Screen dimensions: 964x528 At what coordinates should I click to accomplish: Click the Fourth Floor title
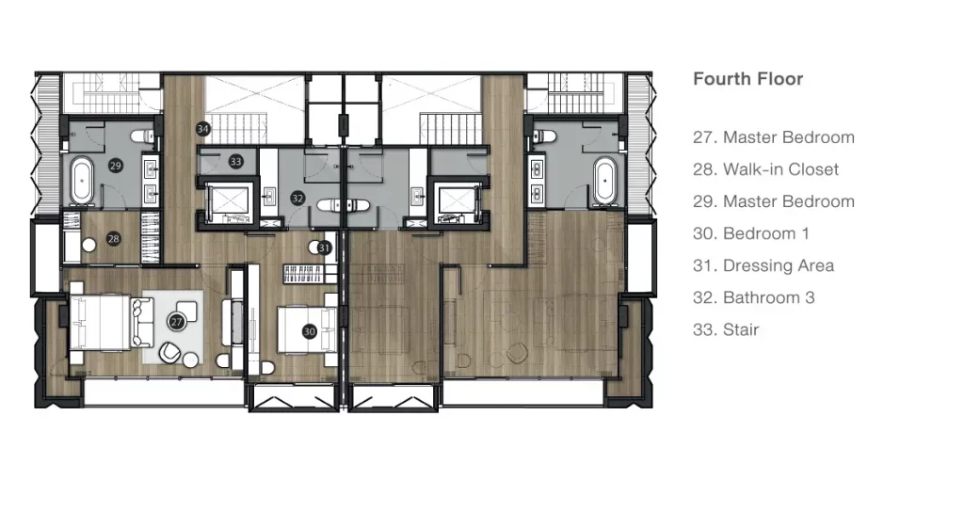coord(747,79)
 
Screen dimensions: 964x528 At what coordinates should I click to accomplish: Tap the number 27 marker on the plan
coord(176,322)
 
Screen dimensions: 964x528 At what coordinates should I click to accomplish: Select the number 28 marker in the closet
coord(113,238)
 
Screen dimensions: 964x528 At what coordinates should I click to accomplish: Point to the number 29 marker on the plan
coord(115,166)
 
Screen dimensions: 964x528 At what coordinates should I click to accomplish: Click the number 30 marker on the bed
coord(309,332)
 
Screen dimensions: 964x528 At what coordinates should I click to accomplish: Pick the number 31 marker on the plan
coord(324,248)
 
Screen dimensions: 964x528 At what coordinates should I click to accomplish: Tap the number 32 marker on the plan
coord(297,198)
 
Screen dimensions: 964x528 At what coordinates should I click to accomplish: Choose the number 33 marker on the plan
coord(235,162)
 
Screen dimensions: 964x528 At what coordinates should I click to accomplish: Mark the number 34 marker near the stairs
coord(203,129)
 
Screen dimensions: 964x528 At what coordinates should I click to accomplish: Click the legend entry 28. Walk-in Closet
coord(765,169)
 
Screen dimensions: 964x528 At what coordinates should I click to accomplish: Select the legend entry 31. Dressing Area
coord(763,265)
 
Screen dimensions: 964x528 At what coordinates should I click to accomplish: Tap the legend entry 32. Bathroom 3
coord(754,297)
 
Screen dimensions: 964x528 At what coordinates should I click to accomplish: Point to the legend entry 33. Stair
coord(726,329)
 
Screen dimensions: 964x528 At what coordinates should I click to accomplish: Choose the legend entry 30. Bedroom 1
coord(751,233)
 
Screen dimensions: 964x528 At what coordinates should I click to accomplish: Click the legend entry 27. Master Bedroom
coord(774,137)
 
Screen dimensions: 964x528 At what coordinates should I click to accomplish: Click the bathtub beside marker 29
coord(81,180)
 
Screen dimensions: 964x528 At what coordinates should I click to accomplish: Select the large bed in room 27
coord(101,323)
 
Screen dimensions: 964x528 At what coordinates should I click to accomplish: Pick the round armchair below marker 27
coord(169,353)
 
